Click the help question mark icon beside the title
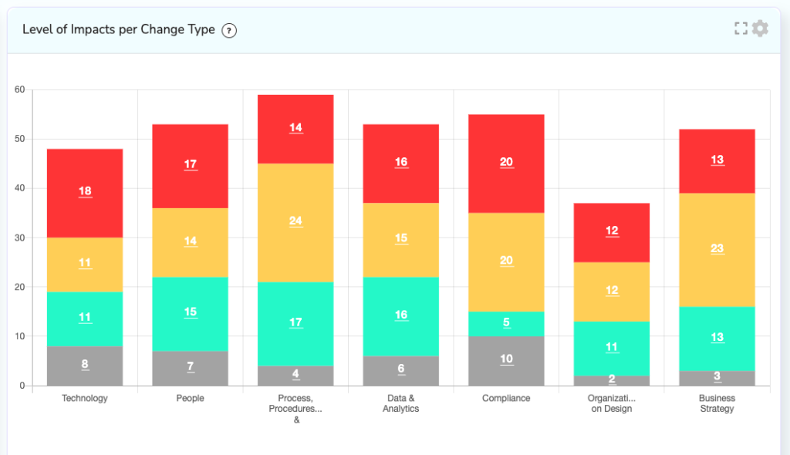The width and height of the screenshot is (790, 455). [228, 30]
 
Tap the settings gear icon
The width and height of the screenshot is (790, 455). [760, 29]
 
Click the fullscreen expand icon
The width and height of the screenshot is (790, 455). [741, 29]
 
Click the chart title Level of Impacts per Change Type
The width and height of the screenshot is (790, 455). [118, 30]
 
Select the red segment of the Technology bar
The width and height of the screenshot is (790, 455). [85, 193]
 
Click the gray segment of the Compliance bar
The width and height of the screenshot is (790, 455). [506, 361]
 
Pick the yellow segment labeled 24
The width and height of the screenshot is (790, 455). [295, 222]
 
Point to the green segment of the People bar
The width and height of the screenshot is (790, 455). [190, 314]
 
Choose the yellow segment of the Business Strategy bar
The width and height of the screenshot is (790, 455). [717, 249]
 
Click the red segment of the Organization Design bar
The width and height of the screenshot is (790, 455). [612, 232]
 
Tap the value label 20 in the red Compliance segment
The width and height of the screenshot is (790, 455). [506, 162]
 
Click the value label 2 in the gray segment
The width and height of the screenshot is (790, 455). [612, 379]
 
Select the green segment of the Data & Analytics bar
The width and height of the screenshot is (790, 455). [401, 316]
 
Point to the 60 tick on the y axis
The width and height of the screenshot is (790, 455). [19, 89]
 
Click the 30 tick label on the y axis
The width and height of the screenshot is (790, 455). [19, 238]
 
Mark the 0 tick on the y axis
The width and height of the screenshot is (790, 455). [22, 386]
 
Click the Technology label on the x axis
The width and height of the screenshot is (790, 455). [85, 399]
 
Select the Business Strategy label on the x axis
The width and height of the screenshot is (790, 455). [717, 403]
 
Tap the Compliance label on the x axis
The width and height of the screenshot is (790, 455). [506, 399]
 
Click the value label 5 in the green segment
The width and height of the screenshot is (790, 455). [506, 322]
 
